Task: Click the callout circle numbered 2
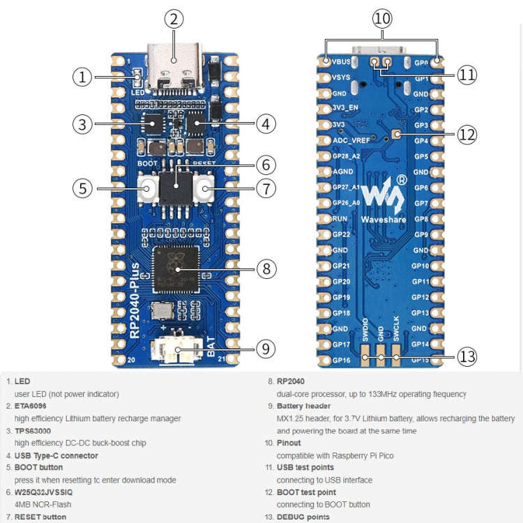pos(175,20)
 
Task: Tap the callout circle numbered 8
pos(266,268)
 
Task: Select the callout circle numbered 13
pos(467,357)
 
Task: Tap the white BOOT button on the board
pos(148,188)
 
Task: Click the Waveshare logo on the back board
pos(383,202)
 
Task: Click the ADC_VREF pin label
pos(351,140)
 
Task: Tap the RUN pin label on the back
pos(340,219)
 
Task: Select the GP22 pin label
pos(341,234)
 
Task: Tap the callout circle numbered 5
pos(82,188)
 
